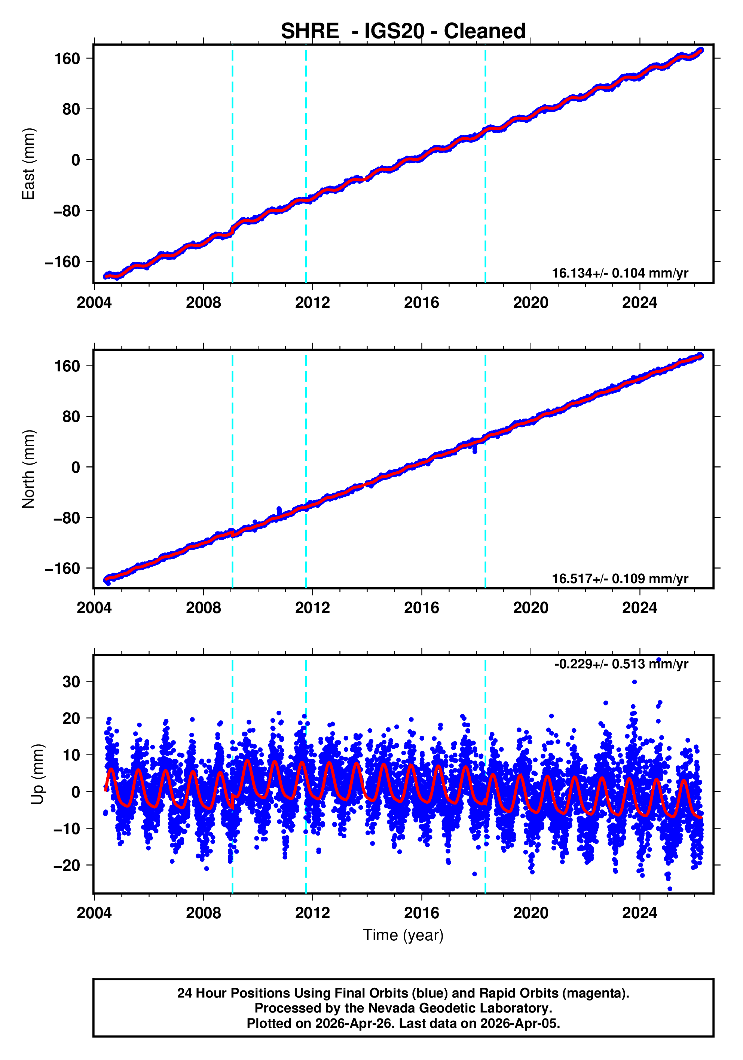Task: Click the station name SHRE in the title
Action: click(x=310, y=31)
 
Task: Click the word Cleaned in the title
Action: click(x=484, y=31)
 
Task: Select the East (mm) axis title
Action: click(x=29, y=164)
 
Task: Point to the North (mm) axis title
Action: click(x=29, y=469)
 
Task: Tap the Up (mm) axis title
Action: click(x=38, y=774)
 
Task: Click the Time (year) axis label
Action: click(x=403, y=935)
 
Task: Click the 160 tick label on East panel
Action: click(x=67, y=59)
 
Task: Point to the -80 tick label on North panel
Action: click(x=67, y=518)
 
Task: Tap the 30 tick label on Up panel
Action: click(x=71, y=681)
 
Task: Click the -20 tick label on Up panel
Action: click(x=67, y=865)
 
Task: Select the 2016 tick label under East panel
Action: click(x=421, y=303)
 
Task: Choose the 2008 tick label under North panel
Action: click(x=203, y=608)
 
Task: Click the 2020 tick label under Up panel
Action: click(x=531, y=913)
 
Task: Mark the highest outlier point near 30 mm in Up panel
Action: click(x=635, y=682)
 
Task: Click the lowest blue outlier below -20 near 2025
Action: click(x=670, y=889)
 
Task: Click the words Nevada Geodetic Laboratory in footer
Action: click(x=459, y=1008)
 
